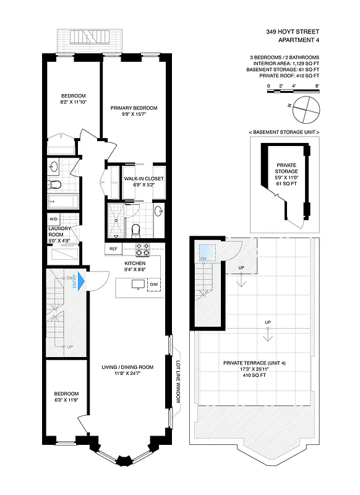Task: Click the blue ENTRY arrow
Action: (79, 282)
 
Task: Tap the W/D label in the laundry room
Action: (54, 220)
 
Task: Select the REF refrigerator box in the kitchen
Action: (113, 249)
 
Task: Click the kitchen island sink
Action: (136, 284)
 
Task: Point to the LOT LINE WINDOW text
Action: (178, 382)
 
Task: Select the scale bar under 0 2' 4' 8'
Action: (293, 92)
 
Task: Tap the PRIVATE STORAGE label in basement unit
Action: (286, 169)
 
